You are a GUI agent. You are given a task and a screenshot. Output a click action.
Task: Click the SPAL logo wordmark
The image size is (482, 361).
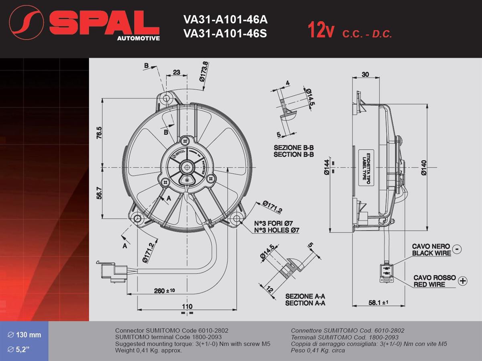coord(104,23)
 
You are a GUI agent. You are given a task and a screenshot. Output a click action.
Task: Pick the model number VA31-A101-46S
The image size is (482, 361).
coord(225,33)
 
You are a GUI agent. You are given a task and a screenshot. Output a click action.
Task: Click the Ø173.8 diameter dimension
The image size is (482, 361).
coord(204,72)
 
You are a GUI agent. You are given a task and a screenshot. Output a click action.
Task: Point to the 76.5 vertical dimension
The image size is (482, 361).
coord(99,133)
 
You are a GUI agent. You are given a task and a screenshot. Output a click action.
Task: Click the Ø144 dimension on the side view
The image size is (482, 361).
coord(327,167)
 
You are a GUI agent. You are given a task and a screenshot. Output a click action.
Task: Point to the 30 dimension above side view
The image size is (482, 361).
coord(365,74)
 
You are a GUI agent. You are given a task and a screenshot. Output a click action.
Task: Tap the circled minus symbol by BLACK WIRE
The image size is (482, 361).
coord(457,249)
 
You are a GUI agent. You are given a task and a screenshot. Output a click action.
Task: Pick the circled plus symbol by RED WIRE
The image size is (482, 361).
coord(463,281)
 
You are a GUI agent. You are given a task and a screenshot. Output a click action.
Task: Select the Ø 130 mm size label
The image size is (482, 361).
coord(25,335)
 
